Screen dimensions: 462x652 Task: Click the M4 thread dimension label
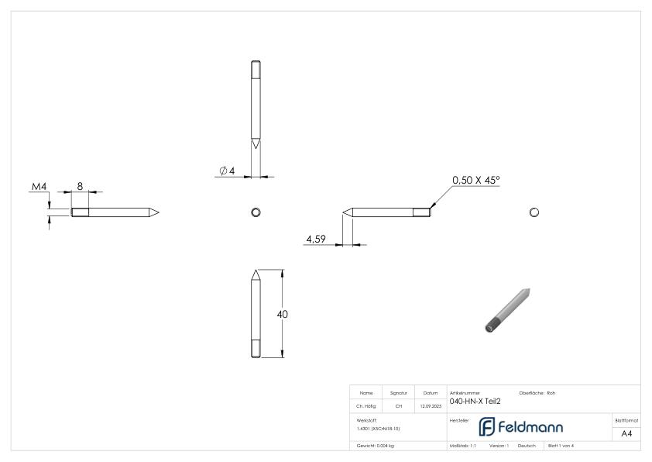(x=39, y=187)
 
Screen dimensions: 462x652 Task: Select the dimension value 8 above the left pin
(x=80, y=186)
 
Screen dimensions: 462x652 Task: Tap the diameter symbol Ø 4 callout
(x=227, y=171)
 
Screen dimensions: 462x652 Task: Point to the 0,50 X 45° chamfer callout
(x=476, y=180)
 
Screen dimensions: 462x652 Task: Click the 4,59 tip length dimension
(x=315, y=240)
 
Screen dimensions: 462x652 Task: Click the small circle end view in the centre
(x=256, y=212)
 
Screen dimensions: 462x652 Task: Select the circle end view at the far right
(x=534, y=212)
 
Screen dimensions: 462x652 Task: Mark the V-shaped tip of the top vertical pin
(x=256, y=145)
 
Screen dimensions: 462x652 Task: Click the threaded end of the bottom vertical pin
(x=256, y=350)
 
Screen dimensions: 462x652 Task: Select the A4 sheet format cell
(x=626, y=433)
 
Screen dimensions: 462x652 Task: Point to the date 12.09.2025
(x=431, y=405)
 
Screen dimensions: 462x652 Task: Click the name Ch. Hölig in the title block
(x=366, y=405)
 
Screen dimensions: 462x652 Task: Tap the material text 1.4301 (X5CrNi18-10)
(x=379, y=428)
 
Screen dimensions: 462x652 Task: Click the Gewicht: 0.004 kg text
(x=375, y=446)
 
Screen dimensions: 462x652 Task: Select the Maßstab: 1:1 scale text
(x=463, y=446)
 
